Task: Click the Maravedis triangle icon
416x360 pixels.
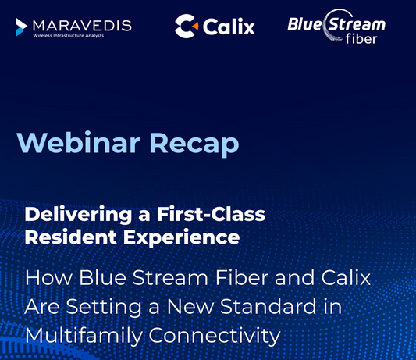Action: (x=21, y=27)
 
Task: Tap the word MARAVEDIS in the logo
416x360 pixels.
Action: (x=81, y=24)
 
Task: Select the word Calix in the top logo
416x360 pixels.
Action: (x=229, y=27)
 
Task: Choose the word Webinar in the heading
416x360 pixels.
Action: (x=78, y=143)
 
